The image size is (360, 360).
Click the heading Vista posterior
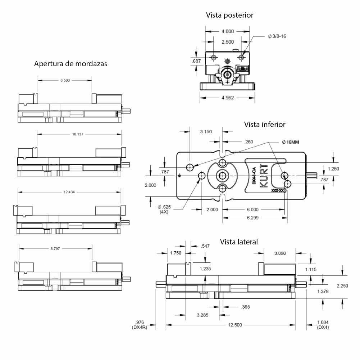(x=230, y=15)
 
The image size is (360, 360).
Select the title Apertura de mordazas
(x=70, y=64)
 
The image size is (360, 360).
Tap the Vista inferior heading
(x=265, y=125)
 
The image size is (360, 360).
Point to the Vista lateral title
(x=239, y=242)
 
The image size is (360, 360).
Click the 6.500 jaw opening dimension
(x=65, y=80)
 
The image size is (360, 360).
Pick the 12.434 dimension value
(x=69, y=192)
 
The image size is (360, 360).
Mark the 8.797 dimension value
(x=56, y=248)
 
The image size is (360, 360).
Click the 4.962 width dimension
(x=228, y=98)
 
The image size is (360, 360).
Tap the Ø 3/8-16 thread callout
(x=277, y=36)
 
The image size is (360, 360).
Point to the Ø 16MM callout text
(x=290, y=142)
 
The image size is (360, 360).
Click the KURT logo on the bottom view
(x=263, y=177)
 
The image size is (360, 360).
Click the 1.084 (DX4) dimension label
(x=323, y=325)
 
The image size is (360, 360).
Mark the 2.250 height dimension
(x=342, y=285)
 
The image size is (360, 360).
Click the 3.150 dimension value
(x=206, y=131)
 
